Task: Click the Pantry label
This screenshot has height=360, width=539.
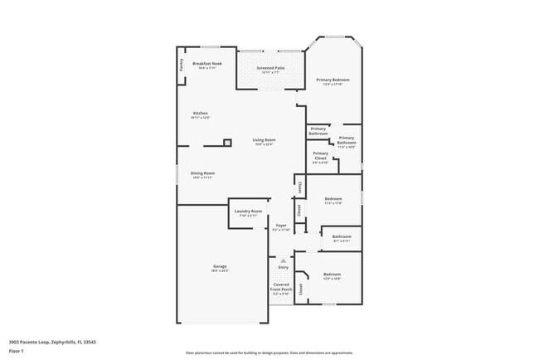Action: pyautogui.click(x=182, y=65)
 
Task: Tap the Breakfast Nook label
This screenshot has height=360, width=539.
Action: pyautogui.click(x=206, y=64)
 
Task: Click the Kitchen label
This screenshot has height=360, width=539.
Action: pyautogui.click(x=200, y=114)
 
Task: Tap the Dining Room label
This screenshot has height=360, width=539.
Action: pyautogui.click(x=203, y=173)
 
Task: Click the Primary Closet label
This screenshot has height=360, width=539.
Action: pyautogui.click(x=320, y=155)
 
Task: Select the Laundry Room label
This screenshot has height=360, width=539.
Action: pyautogui.click(x=248, y=212)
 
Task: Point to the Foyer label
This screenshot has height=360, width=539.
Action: pyautogui.click(x=281, y=226)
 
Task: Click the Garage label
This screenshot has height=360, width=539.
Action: pyautogui.click(x=219, y=266)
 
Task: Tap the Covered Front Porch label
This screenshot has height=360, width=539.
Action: pyautogui.click(x=281, y=288)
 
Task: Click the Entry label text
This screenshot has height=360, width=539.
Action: pyautogui.click(x=283, y=267)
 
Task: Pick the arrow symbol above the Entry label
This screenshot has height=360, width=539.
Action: pyautogui.click(x=283, y=260)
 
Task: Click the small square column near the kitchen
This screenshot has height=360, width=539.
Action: pyautogui.click(x=226, y=141)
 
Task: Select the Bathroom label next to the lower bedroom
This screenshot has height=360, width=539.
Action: pyautogui.click(x=342, y=237)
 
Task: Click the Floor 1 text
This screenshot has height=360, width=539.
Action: pyautogui.click(x=16, y=351)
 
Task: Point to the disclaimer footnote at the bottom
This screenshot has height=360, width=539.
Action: pyautogui.click(x=269, y=353)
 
